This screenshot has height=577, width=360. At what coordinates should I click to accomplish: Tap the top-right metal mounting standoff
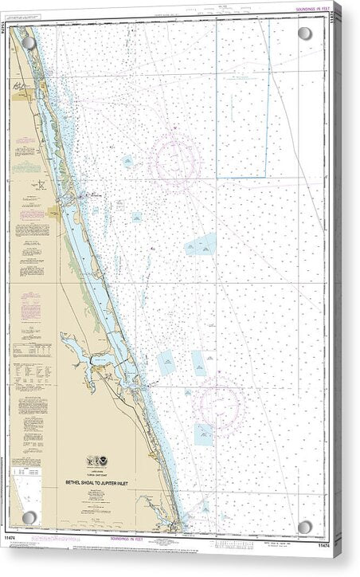coord(304,33)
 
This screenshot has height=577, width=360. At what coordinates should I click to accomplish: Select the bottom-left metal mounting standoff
coord(29,518)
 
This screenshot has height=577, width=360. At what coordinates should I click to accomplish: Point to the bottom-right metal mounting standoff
coord(305,527)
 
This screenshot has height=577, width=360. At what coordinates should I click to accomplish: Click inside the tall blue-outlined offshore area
coord(242,96)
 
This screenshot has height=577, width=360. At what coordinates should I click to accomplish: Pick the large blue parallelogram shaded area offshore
coord(201,245)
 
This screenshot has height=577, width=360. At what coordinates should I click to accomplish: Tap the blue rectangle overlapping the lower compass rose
coord(204,434)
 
